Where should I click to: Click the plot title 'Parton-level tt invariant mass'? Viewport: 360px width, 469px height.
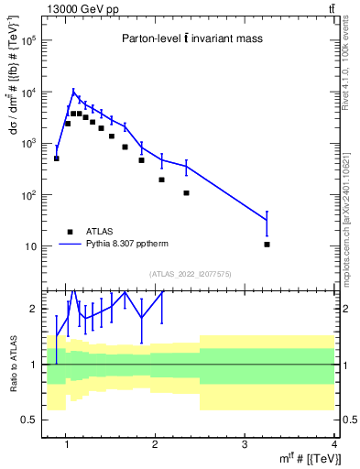(x=188, y=38)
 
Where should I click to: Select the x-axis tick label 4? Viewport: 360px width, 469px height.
(x=334, y=444)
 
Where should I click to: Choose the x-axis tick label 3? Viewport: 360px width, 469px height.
(x=245, y=444)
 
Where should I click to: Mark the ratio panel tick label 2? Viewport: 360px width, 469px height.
(x=33, y=310)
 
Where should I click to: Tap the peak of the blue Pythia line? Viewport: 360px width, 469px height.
(x=74, y=90)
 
